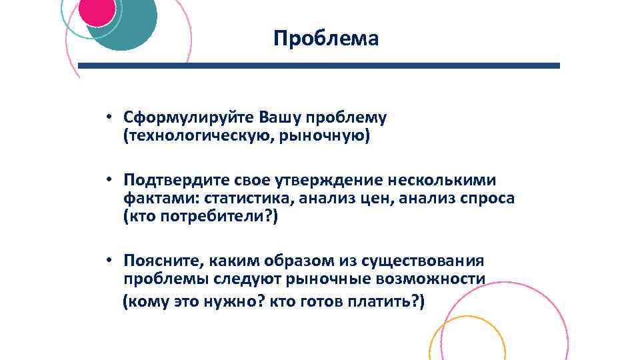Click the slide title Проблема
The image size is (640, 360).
pos(326,39)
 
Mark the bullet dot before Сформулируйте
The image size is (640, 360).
pos(107,118)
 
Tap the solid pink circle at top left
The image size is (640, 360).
pos(97,12)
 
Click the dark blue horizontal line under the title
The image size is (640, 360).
pos(320,66)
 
